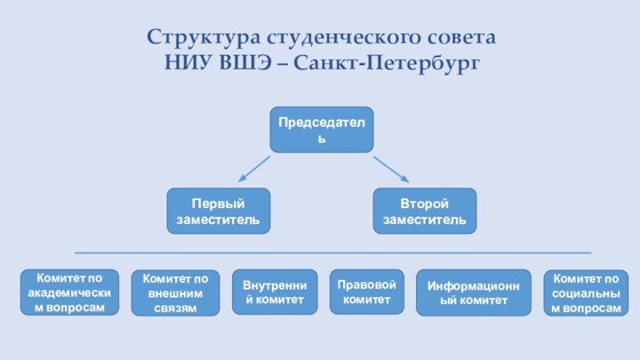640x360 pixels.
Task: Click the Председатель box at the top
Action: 322,129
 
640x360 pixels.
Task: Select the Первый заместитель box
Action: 219,211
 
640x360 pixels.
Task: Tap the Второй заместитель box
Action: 425,211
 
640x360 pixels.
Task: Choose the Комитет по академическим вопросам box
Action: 69,292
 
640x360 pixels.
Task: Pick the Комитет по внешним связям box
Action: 175,292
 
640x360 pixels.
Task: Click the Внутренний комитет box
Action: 274,292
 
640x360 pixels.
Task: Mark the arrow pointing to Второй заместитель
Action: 389,170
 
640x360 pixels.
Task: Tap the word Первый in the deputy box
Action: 219,204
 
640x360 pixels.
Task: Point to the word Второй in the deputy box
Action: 425,204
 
